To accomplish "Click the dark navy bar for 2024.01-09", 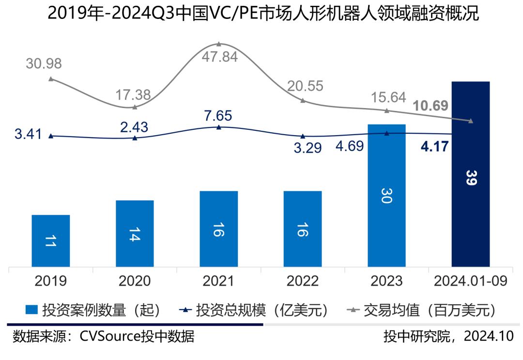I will tap(470, 174).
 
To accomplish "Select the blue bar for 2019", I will tap(50, 241).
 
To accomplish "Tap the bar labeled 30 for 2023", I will tap(386, 196).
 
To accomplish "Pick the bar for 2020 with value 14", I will tap(135, 233).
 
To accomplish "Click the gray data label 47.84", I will tap(220, 57).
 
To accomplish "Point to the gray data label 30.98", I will tap(44, 63).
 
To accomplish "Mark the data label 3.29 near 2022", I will tap(308, 147).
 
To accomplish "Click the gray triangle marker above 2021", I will tap(219, 44).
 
